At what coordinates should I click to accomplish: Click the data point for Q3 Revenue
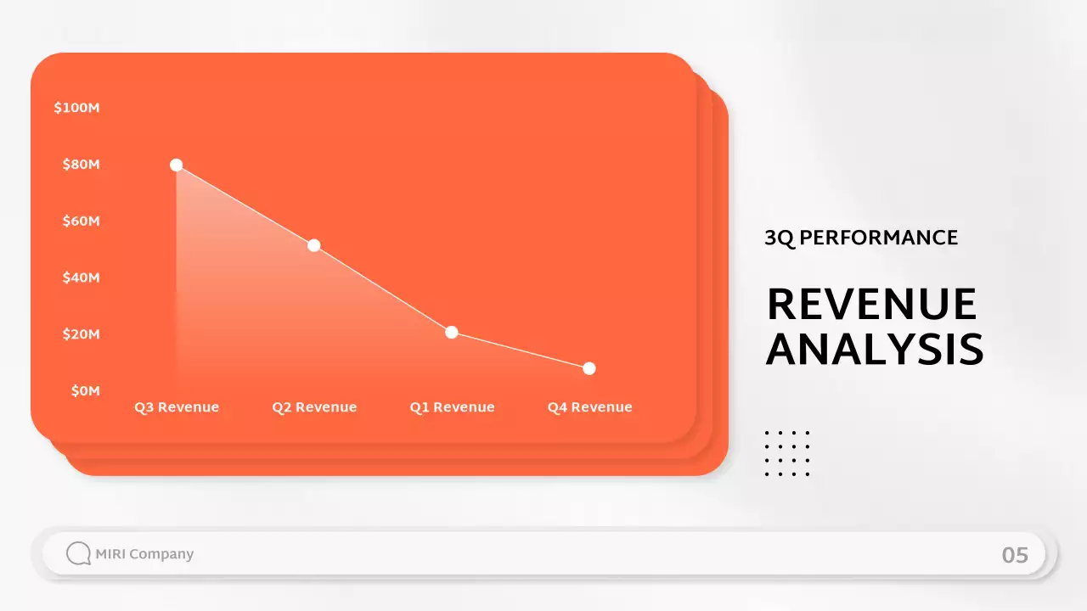coord(176,165)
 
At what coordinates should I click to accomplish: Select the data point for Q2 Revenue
coord(313,245)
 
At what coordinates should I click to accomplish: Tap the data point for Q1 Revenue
coord(452,332)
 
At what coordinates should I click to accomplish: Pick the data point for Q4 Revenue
coord(589,368)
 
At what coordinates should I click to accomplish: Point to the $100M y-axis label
coord(77,108)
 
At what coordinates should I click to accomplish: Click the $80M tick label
coord(82,164)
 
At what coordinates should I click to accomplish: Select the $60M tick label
coord(82,221)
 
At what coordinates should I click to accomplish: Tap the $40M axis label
coord(82,277)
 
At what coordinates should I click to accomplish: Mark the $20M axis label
coord(82,334)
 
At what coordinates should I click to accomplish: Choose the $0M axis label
coord(85,390)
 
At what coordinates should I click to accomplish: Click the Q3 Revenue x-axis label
coord(177,407)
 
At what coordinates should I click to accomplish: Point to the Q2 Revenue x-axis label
coord(314,407)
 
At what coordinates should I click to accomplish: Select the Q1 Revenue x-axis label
coord(452,407)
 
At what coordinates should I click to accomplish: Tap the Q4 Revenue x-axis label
coord(589,407)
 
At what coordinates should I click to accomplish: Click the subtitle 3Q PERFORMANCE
coord(861,238)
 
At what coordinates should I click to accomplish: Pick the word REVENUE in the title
coord(872,305)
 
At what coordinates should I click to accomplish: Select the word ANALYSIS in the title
coord(875,350)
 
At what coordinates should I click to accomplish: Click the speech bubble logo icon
coord(78,554)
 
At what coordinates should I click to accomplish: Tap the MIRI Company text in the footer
coord(144,554)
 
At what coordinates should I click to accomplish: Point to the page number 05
coord(1015,555)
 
